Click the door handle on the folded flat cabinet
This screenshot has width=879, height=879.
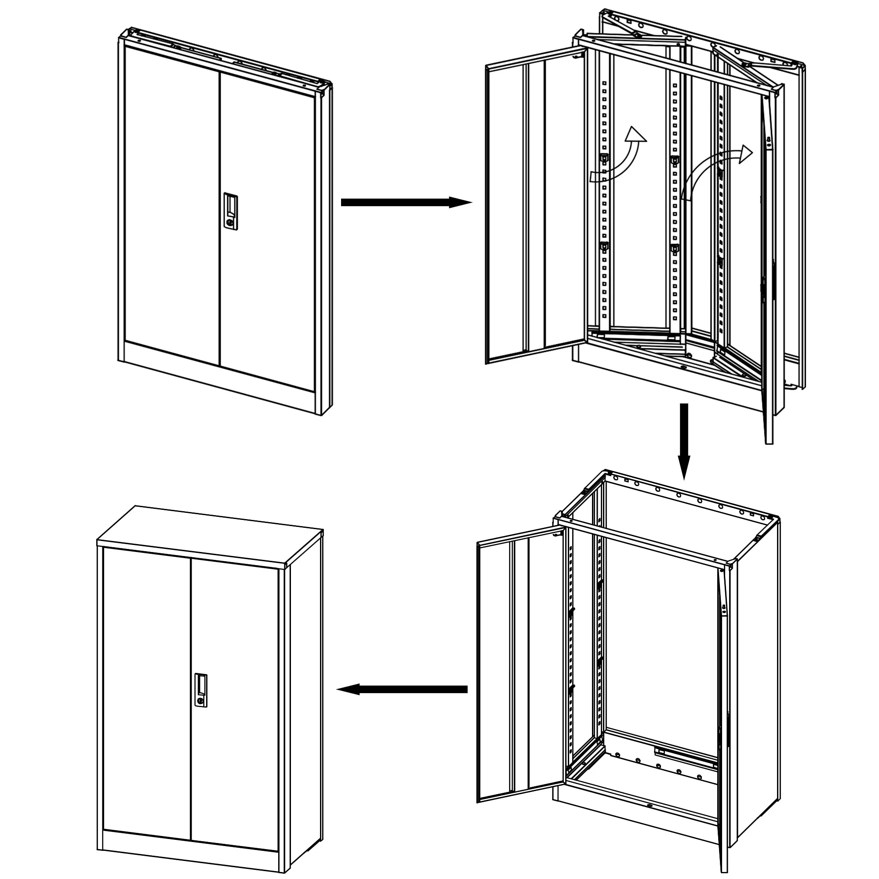[x=230, y=210]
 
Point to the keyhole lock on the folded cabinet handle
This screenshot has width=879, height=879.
[x=230, y=222]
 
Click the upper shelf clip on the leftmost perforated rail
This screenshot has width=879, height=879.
[x=604, y=158]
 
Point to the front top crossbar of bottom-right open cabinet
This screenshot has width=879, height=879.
[x=646, y=541]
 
